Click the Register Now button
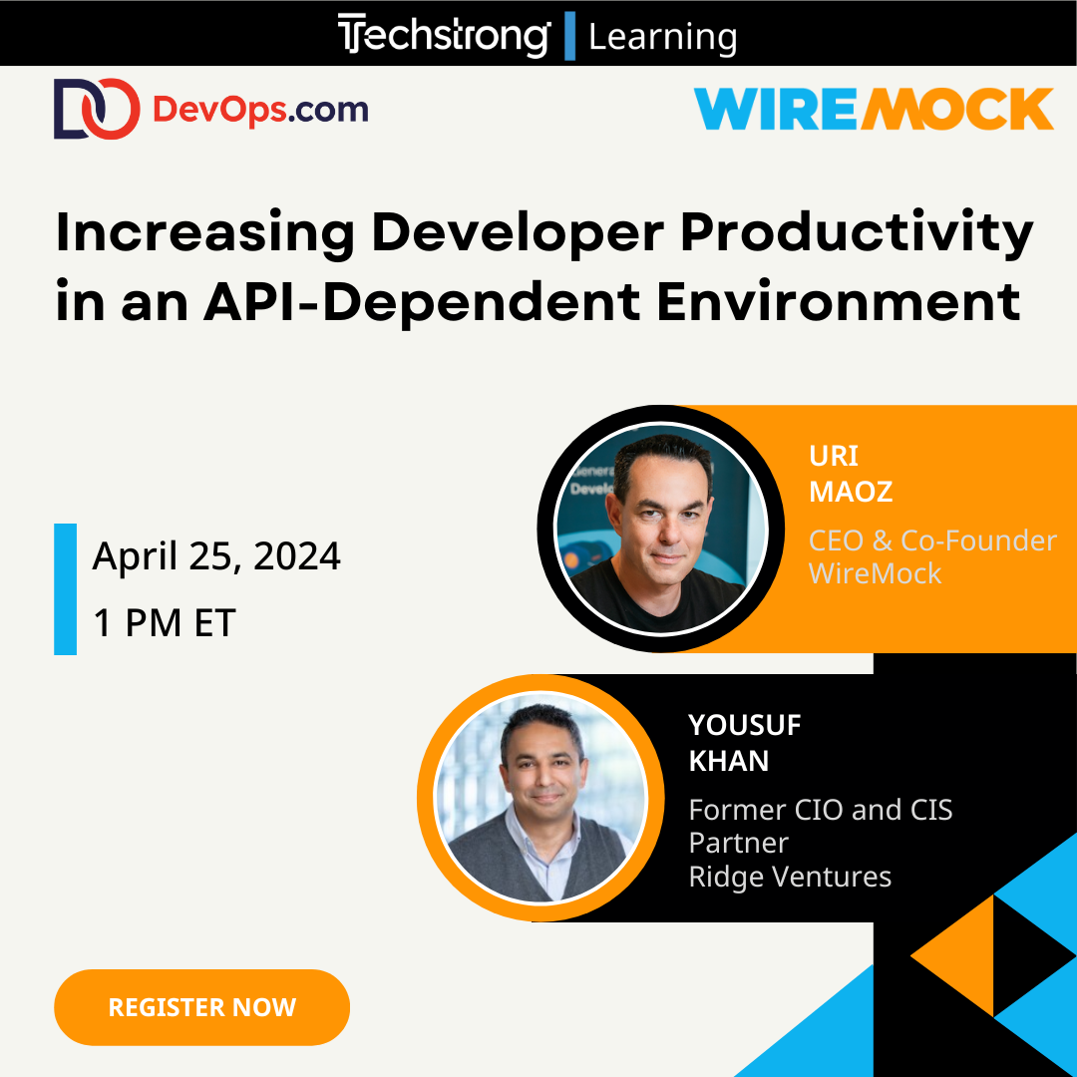coord(201,1007)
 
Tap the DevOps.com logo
coord(210,109)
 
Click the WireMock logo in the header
coord(874,109)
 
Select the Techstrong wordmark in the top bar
coord(444,36)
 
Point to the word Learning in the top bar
coord(662,37)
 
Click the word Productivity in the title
coord(858,235)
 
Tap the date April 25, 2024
coord(216,556)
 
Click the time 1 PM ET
coord(164,622)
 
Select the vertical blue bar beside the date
coord(65,588)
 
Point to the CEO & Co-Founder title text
coord(932,540)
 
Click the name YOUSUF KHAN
coord(744,742)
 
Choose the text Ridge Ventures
coord(790,877)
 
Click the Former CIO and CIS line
coord(820,810)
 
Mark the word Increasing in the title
coord(204,235)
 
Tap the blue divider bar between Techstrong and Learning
coord(569,36)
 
